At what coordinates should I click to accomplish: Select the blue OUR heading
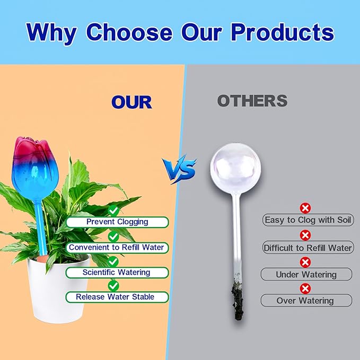pos(131,102)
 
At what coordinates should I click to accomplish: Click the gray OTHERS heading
pos(252,101)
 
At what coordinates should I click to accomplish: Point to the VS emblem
pos(179,170)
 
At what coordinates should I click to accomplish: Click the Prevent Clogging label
pos(117,222)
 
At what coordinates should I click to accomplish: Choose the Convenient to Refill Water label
pos(116,248)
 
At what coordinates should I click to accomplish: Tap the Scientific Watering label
pos(116,273)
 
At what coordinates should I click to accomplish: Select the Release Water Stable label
pos(115,297)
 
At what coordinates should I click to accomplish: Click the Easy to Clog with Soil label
pos(308,220)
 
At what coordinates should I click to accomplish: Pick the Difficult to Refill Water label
pos(308,248)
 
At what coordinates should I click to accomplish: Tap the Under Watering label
pos(306,274)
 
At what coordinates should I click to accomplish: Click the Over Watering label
pos(305,300)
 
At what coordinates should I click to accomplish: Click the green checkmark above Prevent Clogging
pos(113,210)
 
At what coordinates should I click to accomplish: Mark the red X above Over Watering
pos(305,288)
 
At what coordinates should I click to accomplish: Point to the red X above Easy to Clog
pos(305,208)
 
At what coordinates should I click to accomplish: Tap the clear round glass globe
pos(235,168)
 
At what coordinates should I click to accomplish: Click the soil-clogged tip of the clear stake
pos(237,300)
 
